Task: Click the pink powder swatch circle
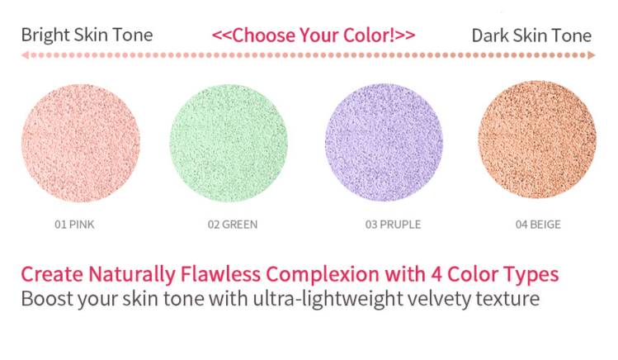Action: coord(81,143)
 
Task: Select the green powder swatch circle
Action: coord(229,143)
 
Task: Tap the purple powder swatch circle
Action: coord(384,142)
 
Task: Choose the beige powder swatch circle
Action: coord(537,140)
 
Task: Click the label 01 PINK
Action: coord(74,225)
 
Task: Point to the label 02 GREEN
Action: coord(233,225)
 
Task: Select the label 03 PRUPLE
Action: coord(393,225)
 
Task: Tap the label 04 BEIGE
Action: coord(538,225)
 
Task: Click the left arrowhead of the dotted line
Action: coord(25,55)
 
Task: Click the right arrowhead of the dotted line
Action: coord(592,55)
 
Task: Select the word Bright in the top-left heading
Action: coord(45,36)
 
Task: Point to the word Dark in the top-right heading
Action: coord(488,36)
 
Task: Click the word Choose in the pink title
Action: coord(263,36)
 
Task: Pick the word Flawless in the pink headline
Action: coord(220,274)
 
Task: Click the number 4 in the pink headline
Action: coord(436,274)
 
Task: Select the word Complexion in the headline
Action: coord(323,275)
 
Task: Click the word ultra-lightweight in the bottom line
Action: coord(328,300)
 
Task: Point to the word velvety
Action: coord(439,300)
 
